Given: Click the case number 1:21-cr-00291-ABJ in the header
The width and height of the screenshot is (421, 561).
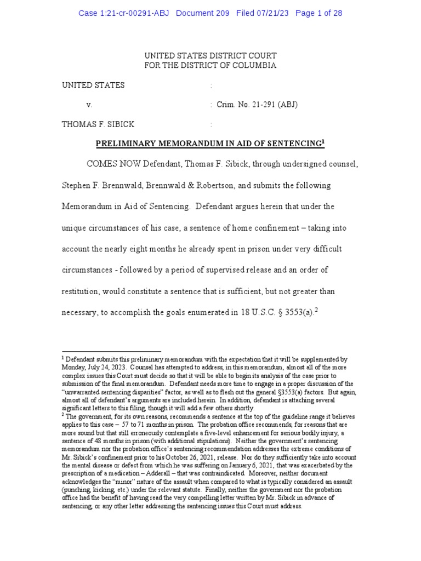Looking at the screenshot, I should pyautogui.click(x=124, y=14).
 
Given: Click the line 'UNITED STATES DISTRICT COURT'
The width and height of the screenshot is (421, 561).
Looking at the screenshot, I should pyautogui.click(x=210, y=56).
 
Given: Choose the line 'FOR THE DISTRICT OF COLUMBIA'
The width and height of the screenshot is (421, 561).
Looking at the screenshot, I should pyautogui.click(x=210, y=66).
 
